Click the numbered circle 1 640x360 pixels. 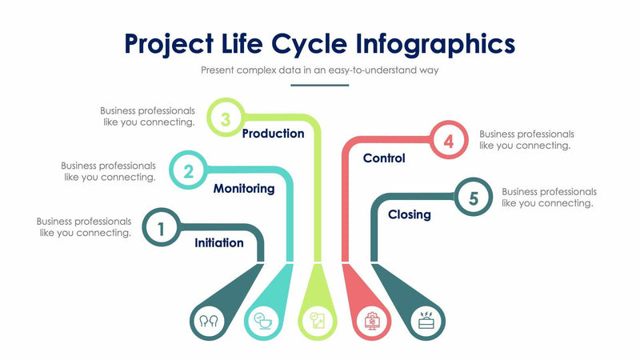point(161,228)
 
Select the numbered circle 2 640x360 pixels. point(189,170)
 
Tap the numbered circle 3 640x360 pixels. point(226,119)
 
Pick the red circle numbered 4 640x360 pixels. point(449,141)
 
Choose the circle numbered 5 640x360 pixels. point(473,198)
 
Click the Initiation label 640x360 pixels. point(219,242)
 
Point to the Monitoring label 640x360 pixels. point(244,189)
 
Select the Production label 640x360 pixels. point(273,134)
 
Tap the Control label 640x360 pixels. point(384,158)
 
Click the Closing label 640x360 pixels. point(410,214)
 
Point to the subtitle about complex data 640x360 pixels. point(320,70)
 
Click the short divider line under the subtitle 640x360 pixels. point(320,85)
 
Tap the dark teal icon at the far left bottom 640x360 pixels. point(210,322)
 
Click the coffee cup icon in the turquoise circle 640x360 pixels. point(262,322)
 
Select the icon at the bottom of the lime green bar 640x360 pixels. point(318,322)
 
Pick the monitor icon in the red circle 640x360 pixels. point(372,322)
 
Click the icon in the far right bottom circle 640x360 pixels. point(426,322)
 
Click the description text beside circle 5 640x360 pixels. point(549,198)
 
